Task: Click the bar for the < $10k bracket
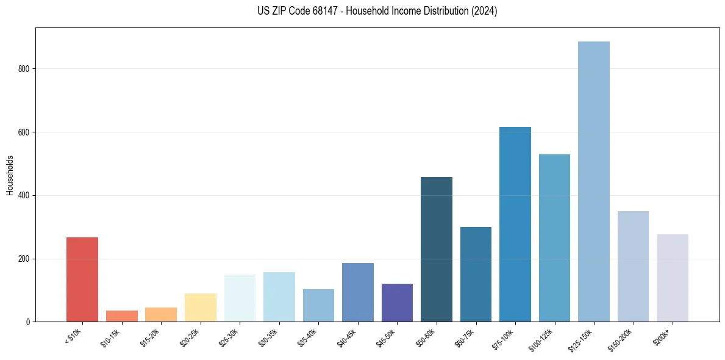click(x=82, y=279)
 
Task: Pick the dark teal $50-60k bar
click(x=437, y=250)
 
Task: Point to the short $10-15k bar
click(x=122, y=316)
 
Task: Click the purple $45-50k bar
click(x=397, y=303)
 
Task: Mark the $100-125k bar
click(x=554, y=238)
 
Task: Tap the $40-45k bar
click(x=358, y=292)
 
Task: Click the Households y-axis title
click(x=10, y=175)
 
